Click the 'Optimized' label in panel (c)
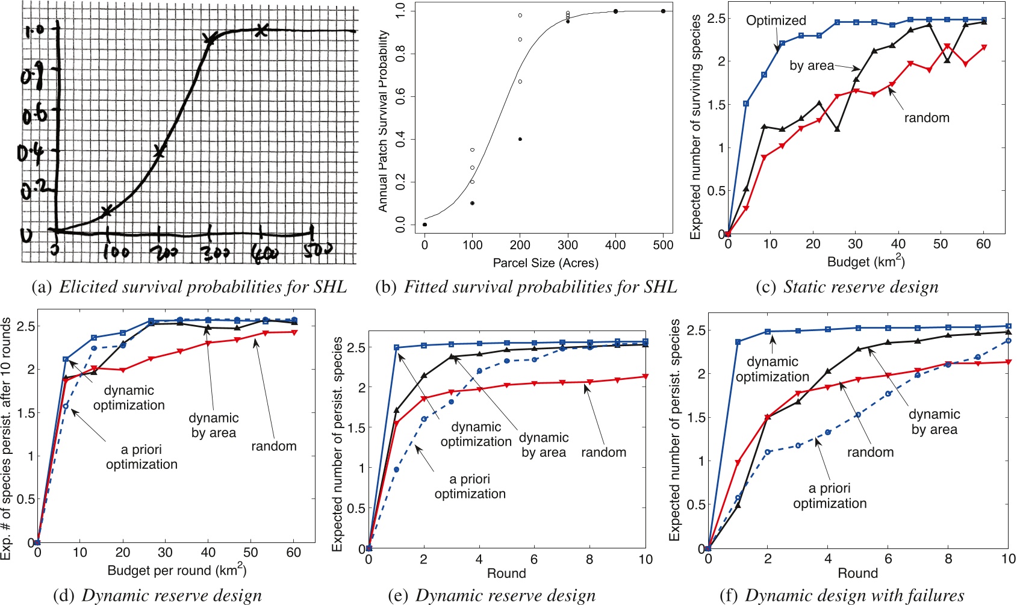[x=776, y=20]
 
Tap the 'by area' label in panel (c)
[x=812, y=66]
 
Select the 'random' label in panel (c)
[x=926, y=118]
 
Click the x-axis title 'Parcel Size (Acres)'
[x=546, y=263]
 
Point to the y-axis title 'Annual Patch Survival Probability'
[x=383, y=121]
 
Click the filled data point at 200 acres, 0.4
[x=520, y=139]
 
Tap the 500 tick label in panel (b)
[x=663, y=245]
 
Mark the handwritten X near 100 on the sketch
[x=107, y=211]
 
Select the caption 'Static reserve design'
[x=860, y=287]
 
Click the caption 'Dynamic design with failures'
[x=854, y=596]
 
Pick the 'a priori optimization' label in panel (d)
[x=142, y=457]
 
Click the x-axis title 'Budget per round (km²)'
[x=176, y=570]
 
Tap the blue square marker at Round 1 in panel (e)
[x=396, y=347]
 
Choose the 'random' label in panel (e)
[x=603, y=452]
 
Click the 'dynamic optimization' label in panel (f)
[x=772, y=369]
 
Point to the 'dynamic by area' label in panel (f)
[x=934, y=421]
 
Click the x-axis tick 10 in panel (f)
[x=1008, y=559]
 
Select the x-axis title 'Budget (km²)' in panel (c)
[x=866, y=262]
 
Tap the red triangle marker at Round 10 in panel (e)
[x=645, y=377]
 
